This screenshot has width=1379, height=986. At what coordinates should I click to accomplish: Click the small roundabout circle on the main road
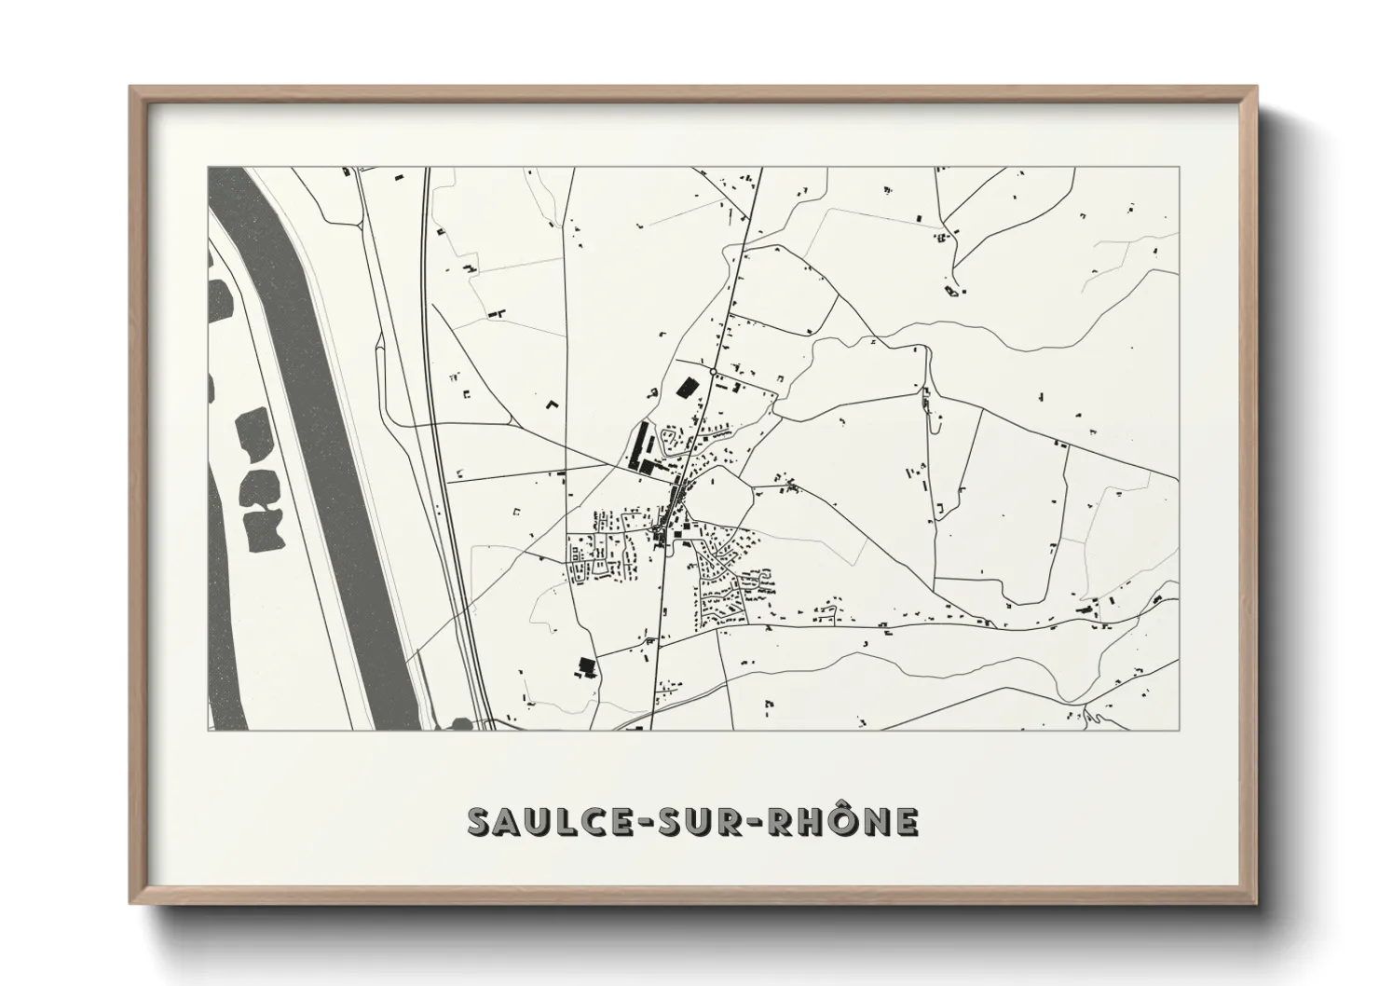coord(712,372)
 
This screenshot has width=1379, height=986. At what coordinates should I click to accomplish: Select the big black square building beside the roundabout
coord(688,386)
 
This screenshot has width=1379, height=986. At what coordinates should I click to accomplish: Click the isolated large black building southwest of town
coord(586,665)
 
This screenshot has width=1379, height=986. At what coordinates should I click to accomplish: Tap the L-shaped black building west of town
coord(552,405)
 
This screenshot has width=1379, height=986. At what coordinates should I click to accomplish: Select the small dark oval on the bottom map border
coord(460,723)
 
